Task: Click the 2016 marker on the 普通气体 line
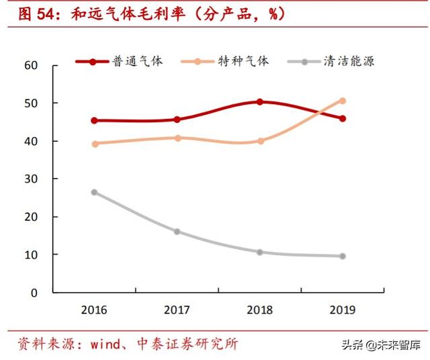tap(95, 121)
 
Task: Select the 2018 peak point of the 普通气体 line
tap(260, 102)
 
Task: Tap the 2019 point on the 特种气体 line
tap(343, 101)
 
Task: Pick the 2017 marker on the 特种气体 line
tap(177, 138)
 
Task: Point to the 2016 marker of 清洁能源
tap(95, 192)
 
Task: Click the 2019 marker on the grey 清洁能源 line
tap(343, 256)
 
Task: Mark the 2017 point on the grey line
tap(177, 232)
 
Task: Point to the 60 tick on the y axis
tap(30, 65)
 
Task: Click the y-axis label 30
tap(30, 179)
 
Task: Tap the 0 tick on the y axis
tap(34, 293)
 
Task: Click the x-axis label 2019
tap(343, 310)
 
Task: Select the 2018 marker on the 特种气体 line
tap(260, 141)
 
